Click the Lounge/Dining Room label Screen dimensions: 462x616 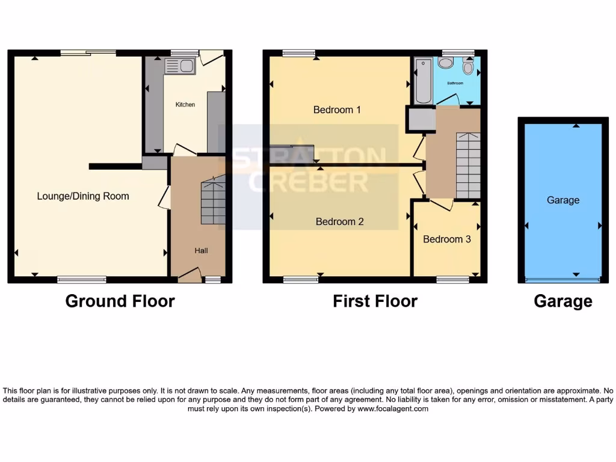pos(83,196)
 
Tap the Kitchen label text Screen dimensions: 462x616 pos(185,105)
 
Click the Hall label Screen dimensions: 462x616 pos(201,251)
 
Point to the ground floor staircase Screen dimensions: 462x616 pos(213,201)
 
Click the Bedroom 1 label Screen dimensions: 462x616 pos(337,110)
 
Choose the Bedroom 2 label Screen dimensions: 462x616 pos(340,222)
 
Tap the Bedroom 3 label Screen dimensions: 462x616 pos(447,239)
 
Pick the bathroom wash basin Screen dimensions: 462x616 pos(446,63)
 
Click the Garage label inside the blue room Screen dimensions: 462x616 pos(563,200)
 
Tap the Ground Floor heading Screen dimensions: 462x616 pos(120,301)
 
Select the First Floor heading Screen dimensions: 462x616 pos(375,301)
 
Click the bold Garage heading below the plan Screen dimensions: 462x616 pos(563,301)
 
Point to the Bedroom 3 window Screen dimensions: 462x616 pos(453,279)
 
